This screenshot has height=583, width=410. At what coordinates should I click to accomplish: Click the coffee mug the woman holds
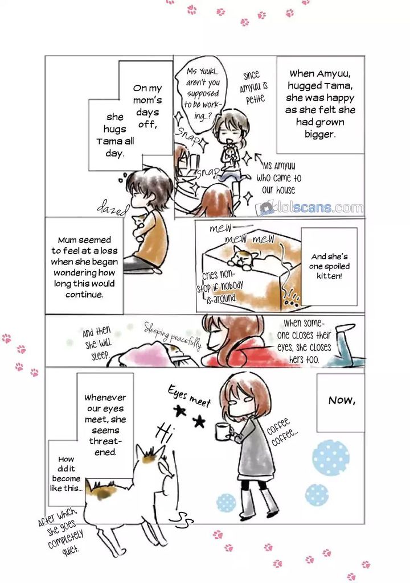[x=222, y=431]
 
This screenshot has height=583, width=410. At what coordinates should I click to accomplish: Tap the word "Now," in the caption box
[x=342, y=400]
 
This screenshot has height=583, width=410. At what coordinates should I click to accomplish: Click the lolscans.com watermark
[x=310, y=208]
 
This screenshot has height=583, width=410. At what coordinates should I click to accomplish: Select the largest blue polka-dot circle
[x=331, y=457]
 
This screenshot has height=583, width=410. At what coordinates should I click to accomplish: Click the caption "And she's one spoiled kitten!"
[x=329, y=266]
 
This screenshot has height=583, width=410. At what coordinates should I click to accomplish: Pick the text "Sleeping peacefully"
[x=173, y=336]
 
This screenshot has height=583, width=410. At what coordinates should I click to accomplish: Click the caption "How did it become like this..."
[x=66, y=474]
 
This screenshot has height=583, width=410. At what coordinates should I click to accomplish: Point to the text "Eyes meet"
[x=190, y=396]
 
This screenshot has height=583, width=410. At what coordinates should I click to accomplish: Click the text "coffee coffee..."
[x=282, y=431]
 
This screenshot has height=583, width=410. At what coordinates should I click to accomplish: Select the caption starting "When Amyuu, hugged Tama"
[x=320, y=104]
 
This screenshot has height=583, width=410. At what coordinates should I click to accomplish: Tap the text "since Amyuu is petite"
[x=254, y=88]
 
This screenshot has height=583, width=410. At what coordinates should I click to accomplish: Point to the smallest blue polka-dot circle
[x=226, y=502]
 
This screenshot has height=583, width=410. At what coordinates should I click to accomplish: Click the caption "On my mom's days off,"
[x=147, y=106]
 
